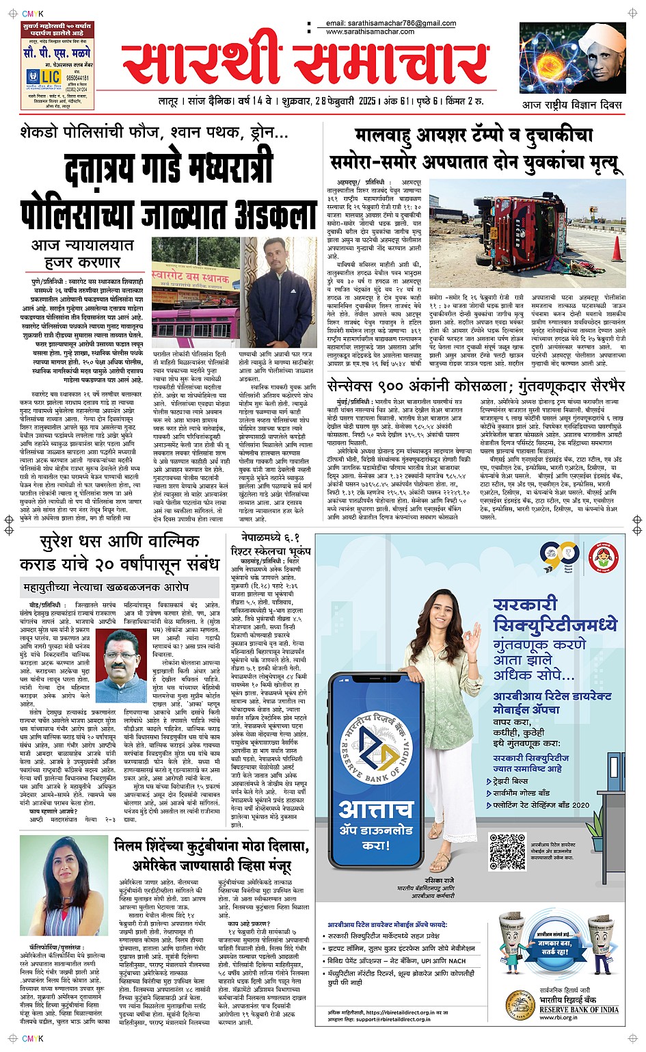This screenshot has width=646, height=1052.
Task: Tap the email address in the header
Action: click(391, 23)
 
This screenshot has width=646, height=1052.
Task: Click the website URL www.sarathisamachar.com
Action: click(370, 32)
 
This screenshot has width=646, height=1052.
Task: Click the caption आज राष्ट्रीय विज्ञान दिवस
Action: click(571, 105)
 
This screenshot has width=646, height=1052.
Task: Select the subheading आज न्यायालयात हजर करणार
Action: click(82, 254)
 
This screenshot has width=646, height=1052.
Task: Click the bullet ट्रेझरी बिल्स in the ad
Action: click(511, 780)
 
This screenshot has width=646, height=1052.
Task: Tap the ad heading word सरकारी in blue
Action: click(525, 605)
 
